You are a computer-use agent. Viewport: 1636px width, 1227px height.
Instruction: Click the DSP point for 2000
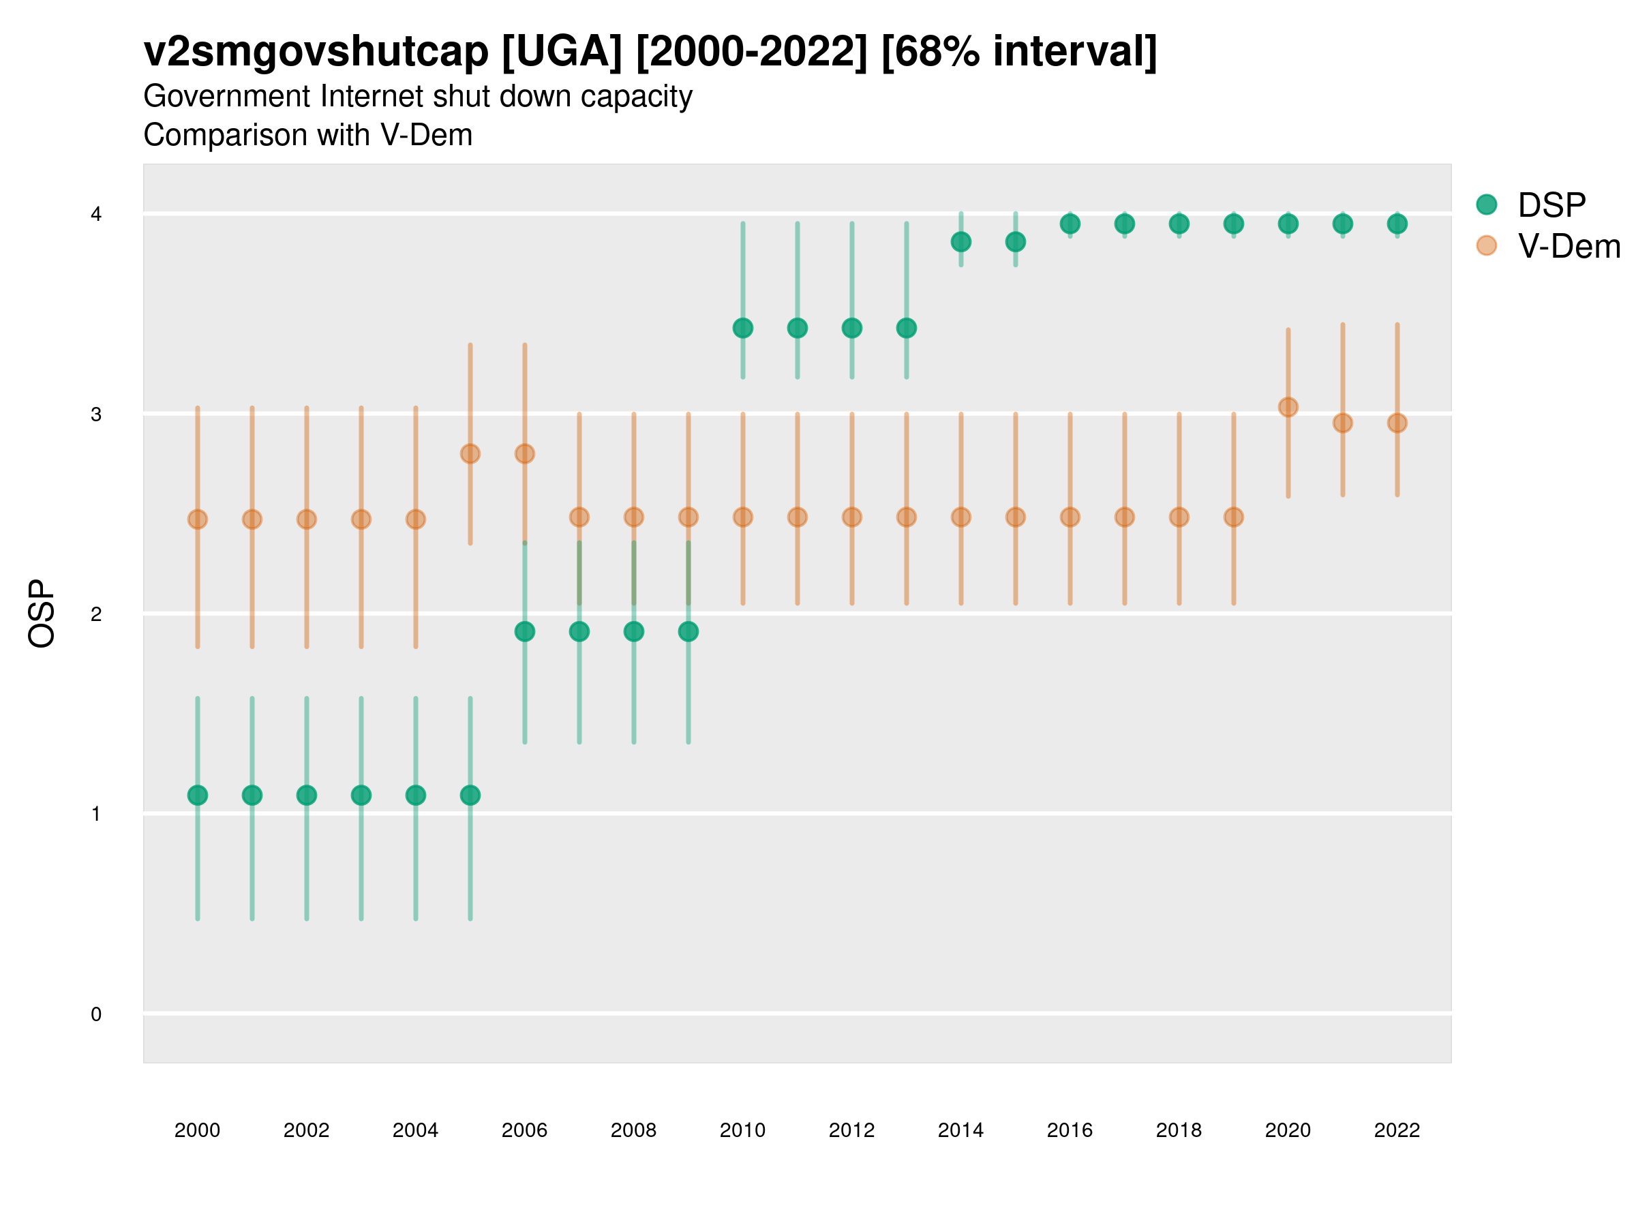pos(198,795)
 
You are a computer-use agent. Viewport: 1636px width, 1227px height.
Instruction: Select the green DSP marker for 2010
pos(742,328)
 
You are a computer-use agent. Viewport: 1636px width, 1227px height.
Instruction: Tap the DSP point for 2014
pos(960,242)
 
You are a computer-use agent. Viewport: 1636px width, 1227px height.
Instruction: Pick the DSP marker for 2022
pos(1397,224)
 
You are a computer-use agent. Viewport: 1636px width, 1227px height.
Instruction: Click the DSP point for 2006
pos(524,632)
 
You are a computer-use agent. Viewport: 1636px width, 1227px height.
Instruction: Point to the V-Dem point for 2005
pos(470,453)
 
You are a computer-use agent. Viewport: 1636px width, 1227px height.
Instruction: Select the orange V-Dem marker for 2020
pos(1288,407)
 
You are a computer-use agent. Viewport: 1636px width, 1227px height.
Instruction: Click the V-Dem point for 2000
pos(198,519)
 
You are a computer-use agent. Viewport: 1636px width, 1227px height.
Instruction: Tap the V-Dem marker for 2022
pos(1397,423)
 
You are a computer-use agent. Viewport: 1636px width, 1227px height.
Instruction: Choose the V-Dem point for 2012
pos(852,517)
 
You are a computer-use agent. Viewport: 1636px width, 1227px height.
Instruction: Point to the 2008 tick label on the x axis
pos(634,1130)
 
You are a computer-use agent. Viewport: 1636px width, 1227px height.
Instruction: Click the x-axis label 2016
pos(1070,1130)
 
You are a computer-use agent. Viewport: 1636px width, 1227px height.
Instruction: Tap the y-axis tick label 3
pos(96,414)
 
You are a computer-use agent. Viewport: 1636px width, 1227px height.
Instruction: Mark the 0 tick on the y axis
pos(96,1014)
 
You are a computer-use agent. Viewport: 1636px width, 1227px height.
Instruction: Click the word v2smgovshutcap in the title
pos(316,52)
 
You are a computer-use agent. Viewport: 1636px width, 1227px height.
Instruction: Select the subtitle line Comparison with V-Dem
pos(307,136)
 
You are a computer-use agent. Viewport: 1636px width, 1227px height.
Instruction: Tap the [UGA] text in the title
pos(562,52)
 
